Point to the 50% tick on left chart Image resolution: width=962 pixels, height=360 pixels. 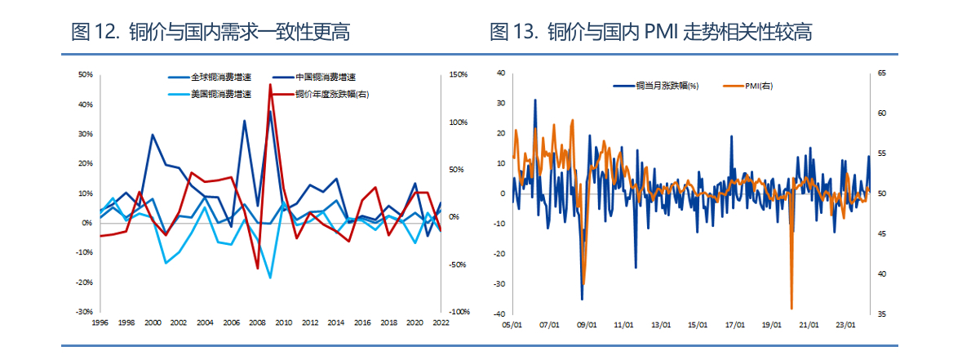tap(85, 74)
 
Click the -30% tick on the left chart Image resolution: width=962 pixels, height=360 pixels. tap(84, 312)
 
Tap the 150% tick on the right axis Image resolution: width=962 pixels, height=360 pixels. tap(458, 74)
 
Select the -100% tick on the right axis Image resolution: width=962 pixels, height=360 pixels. tap(459, 312)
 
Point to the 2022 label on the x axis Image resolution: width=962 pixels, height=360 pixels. tap(440, 323)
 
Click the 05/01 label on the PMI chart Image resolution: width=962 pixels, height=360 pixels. tap(512, 325)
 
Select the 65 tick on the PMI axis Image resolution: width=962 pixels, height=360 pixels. tap(881, 73)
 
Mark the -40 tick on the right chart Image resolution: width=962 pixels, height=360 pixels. tap(501, 314)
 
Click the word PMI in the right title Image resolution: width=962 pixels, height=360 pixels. tap(662, 33)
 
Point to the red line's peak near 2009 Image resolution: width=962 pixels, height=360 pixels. tap(270, 85)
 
